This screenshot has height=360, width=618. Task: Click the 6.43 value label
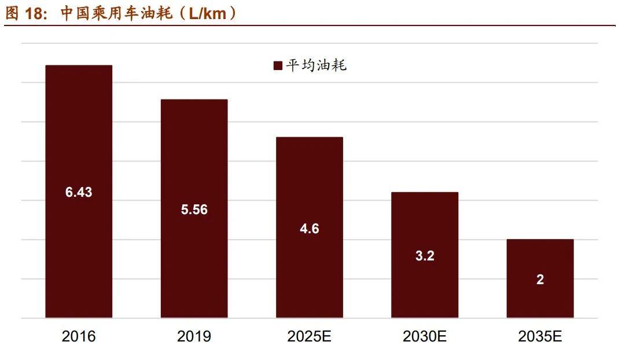pos(79,193)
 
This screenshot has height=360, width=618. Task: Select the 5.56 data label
pos(194,210)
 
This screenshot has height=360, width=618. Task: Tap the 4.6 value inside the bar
pos(310,229)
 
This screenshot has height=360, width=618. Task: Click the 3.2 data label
pos(425,256)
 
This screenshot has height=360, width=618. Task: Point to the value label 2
pos(540,280)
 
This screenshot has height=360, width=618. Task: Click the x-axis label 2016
pos(79,337)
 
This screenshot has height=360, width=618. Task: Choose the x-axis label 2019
pos(194,337)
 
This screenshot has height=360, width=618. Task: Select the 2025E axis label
pos(310,337)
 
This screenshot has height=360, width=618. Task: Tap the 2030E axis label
pos(425,337)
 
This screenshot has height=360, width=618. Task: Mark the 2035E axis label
pos(540,337)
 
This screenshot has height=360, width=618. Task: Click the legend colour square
pos(278,66)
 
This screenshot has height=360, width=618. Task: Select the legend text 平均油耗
pos(316,65)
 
